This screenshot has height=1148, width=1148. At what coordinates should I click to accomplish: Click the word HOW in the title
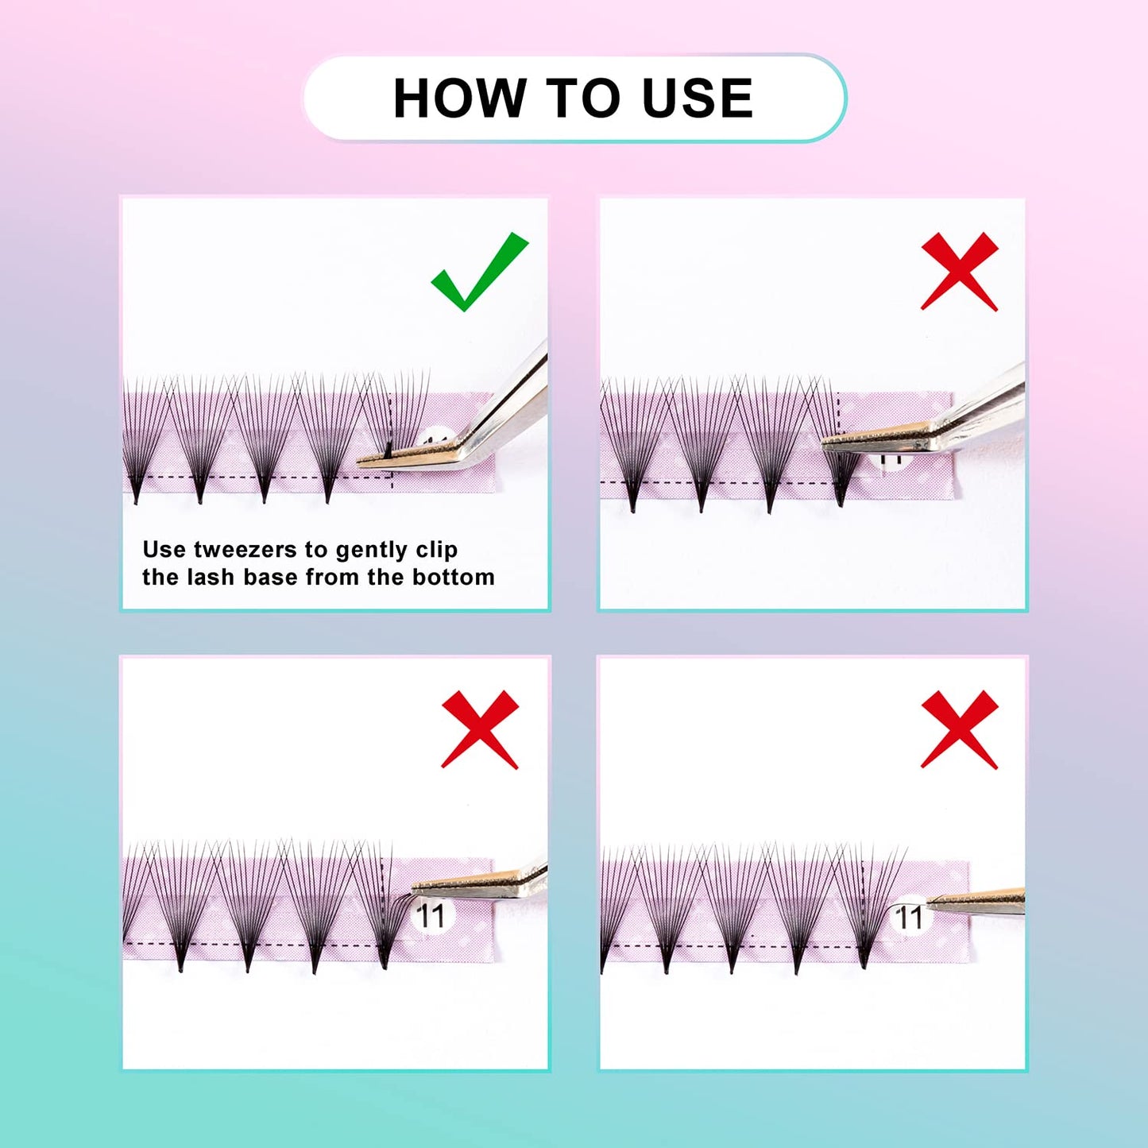[x=459, y=99]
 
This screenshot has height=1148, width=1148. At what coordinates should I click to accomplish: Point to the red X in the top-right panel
[x=959, y=271]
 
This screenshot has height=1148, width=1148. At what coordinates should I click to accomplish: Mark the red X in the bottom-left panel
[x=480, y=729]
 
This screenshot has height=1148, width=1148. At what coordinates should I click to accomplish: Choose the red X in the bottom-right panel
[x=959, y=729]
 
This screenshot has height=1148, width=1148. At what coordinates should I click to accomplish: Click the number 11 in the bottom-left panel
[x=431, y=916]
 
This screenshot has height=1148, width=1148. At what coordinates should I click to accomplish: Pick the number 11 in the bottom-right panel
[x=909, y=918]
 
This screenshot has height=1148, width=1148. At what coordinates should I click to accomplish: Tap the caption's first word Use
[x=164, y=550]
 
